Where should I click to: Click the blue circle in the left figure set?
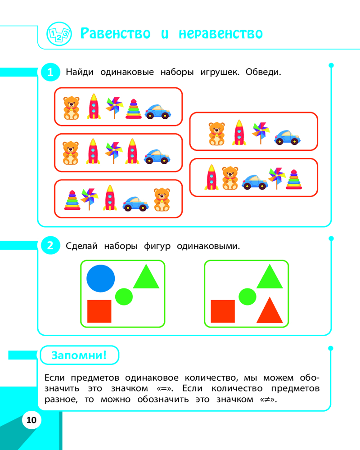click(x=100, y=279)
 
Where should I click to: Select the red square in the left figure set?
click(x=99, y=311)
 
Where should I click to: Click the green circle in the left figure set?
click(x=124, y=297)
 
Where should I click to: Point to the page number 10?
click(x=31, y=420)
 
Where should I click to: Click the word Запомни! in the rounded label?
click(x=79, y=355)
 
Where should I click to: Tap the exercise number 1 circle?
click(x=50, y=72)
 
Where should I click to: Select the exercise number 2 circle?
click(x=50, y=245)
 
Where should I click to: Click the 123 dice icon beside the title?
click(x=59, y=34)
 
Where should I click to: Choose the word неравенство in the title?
click(x=220, y=34)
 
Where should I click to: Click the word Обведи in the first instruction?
click(x=262, y=72)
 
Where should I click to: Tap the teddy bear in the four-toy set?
click(x=217, y=134)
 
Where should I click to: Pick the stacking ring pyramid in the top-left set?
click(x=134, y=109)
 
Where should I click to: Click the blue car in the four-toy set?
click(x=287, y=137)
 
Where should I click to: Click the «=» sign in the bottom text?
click(x=164, y=389)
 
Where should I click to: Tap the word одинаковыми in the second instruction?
click(x=208, y=246)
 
